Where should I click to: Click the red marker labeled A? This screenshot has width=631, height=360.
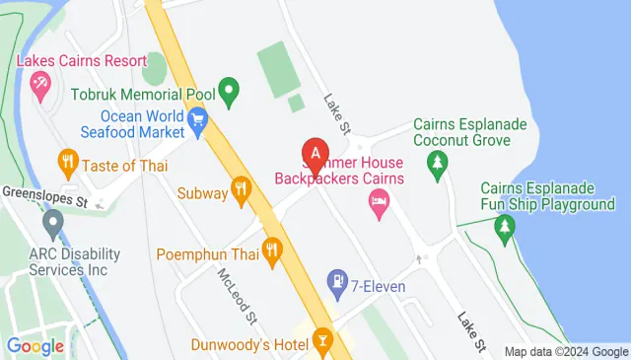coord(315,155)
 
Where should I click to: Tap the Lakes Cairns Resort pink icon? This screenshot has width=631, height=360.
coord(40,90)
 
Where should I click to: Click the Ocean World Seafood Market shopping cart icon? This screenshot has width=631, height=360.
coord(198,122)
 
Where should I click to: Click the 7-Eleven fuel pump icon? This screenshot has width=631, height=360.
coord(337,281)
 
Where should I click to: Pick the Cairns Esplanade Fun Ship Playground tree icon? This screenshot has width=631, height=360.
coord(505,229)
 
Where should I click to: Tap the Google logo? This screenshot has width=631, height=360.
coord(35,346)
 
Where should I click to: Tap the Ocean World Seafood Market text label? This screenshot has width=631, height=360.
coord(128,122)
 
